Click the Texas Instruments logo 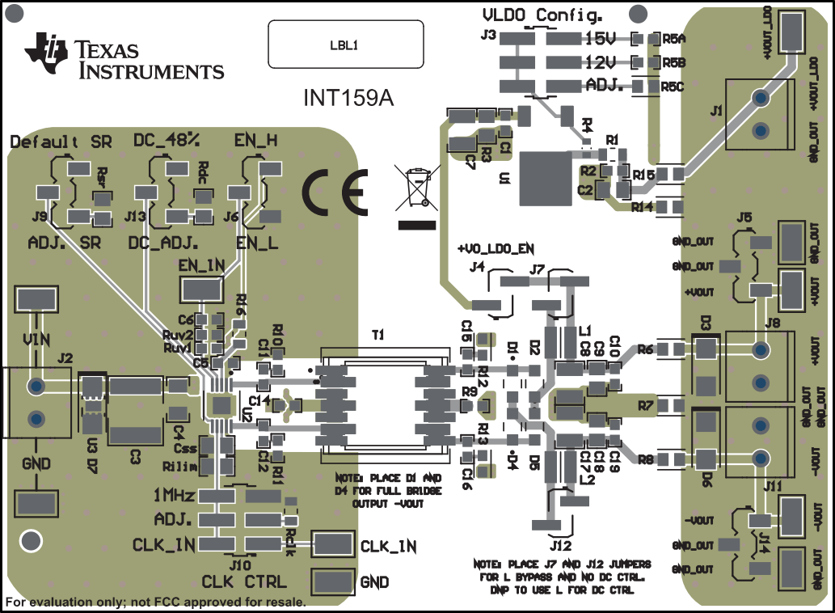[x=124, y=57]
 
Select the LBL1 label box [x=346, y=45]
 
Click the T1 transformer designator [x=378, y=334]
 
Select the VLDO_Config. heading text [x=542, y=15]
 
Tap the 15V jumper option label [x=601, y=38]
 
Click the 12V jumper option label [x=601, y=61]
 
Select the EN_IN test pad [x=202, y=287]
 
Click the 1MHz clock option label [x=173, y=495]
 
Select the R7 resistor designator [x=645, y=404]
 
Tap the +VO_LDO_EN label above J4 [x=496, y=247]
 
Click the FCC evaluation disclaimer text [x=156, y=602]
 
